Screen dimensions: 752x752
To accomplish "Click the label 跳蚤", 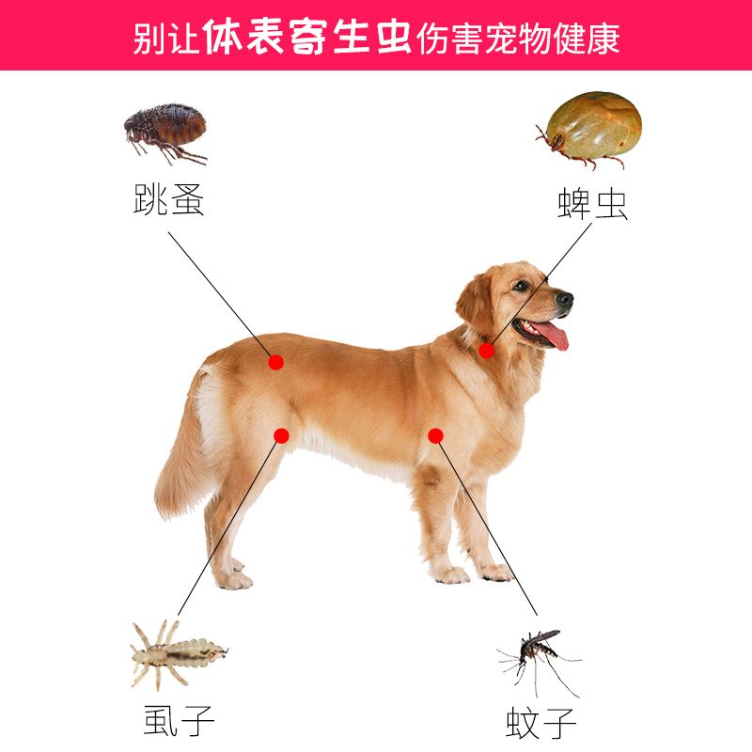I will point(169,199).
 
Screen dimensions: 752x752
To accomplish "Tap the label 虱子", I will point(179,720).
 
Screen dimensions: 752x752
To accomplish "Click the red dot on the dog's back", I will point(275,362).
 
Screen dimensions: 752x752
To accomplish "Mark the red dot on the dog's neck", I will point(486,351).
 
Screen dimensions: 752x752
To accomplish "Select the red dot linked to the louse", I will point(281,434).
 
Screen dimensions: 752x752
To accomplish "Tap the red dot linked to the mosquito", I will point(435,435).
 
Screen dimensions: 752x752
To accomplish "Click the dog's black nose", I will point(564,300).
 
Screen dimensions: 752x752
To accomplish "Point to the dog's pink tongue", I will point(555,337).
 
